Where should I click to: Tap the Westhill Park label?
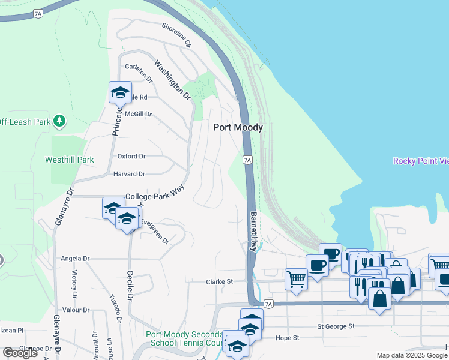click(70, 160)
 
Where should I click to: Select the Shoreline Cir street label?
click(176, 35)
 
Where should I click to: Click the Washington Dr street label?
click(172, 79)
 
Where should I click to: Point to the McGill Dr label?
click(139, 114)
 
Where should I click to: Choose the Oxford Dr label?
click(131, 156)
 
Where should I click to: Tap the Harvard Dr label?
click(130, 174)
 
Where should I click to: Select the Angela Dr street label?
click(75, 259)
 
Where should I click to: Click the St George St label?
click(336, 327)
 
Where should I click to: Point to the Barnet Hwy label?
click(254, 231)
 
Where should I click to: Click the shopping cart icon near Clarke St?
click(296, 278)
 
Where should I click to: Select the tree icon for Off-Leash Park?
click(59, 121)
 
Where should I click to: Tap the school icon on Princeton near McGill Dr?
click(120, 92)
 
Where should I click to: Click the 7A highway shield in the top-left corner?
click(38, 13)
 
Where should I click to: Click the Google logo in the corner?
click(20, 353)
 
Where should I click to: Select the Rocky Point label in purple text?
click(421, 161)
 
